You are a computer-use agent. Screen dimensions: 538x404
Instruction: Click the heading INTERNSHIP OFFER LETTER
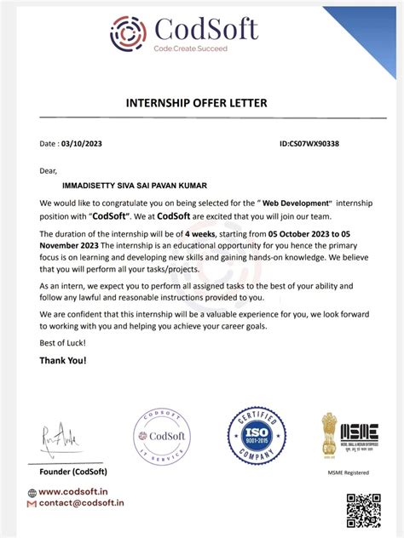(x=197, y=103)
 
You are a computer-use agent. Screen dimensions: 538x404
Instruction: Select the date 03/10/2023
(x=85, y=144)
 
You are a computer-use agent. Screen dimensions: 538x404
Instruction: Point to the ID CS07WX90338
(x=309, y=144)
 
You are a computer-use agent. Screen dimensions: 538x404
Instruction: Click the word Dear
(x=49, y=170)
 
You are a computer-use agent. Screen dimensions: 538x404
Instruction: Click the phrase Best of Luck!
(x=62, y=342)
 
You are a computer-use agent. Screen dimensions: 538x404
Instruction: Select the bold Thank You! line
(x=62, y=360)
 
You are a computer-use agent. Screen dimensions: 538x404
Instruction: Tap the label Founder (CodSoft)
(x=74, y=471)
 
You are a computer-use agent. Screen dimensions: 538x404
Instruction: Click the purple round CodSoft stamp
(x=161, y=437)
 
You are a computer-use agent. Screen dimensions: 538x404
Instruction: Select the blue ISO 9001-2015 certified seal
(x=257, y=436)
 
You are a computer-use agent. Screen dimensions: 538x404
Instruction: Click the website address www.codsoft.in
(x=72, y=491)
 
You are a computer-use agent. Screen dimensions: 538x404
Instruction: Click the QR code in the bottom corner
(x=364, y=511)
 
